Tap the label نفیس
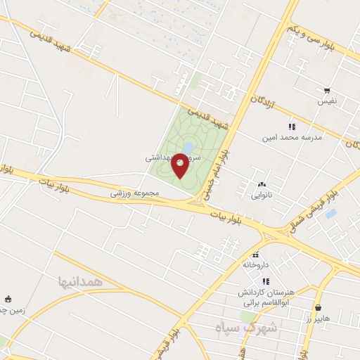click(327, 102)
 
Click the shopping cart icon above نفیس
click(327, 91)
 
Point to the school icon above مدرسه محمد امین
click(292, 127)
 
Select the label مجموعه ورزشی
click(135, 193)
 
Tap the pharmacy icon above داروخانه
click(255, 255)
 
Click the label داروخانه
click(257, 265)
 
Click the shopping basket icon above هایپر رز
click(319, 307)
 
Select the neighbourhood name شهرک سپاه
click(257, 328)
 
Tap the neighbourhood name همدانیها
click(82, 281)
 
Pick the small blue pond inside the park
click(188, 147)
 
